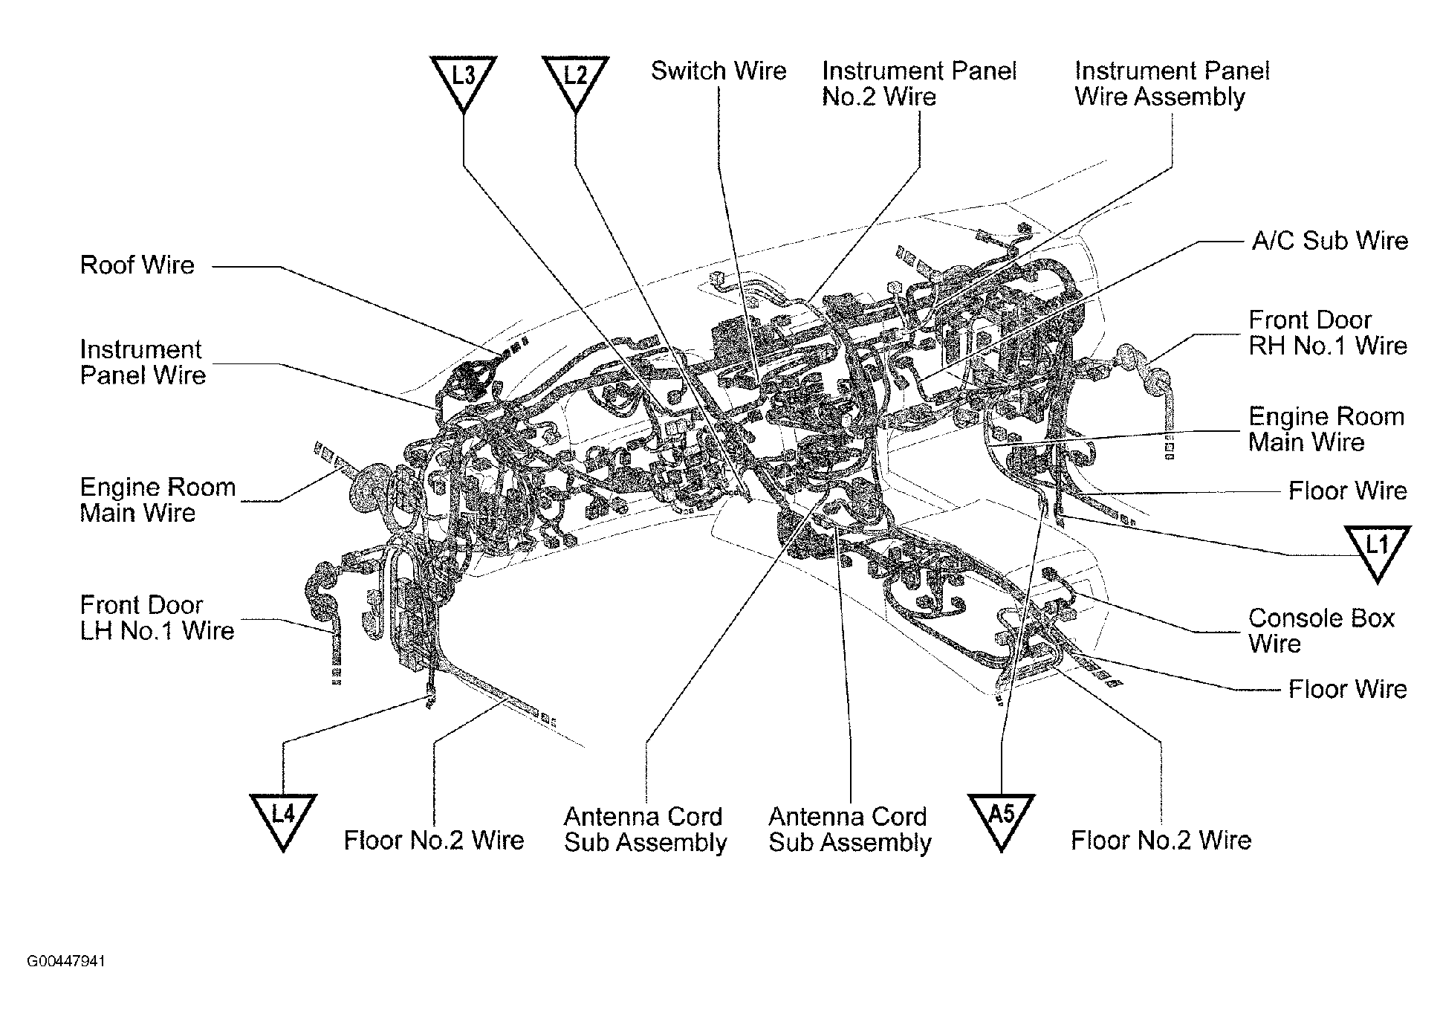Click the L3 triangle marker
(463, 79)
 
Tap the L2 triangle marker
(575, 79)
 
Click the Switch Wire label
(718, 71)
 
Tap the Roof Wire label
(137, 265)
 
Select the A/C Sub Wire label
(1329, 241)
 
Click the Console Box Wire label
(1321, 630)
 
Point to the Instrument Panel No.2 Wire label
(918, 84)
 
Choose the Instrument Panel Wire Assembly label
(1172, 84)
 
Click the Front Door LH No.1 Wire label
(157, 618)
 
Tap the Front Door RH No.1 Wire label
(1327, 333)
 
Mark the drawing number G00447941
(66, 962)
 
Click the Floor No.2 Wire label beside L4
(434, 841)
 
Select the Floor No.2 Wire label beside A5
(1161, 841)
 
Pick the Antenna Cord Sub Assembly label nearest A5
(849, 829)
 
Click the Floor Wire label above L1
(1347, 491)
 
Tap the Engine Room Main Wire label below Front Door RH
(1326, 430)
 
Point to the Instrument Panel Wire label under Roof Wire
(142, 362)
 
